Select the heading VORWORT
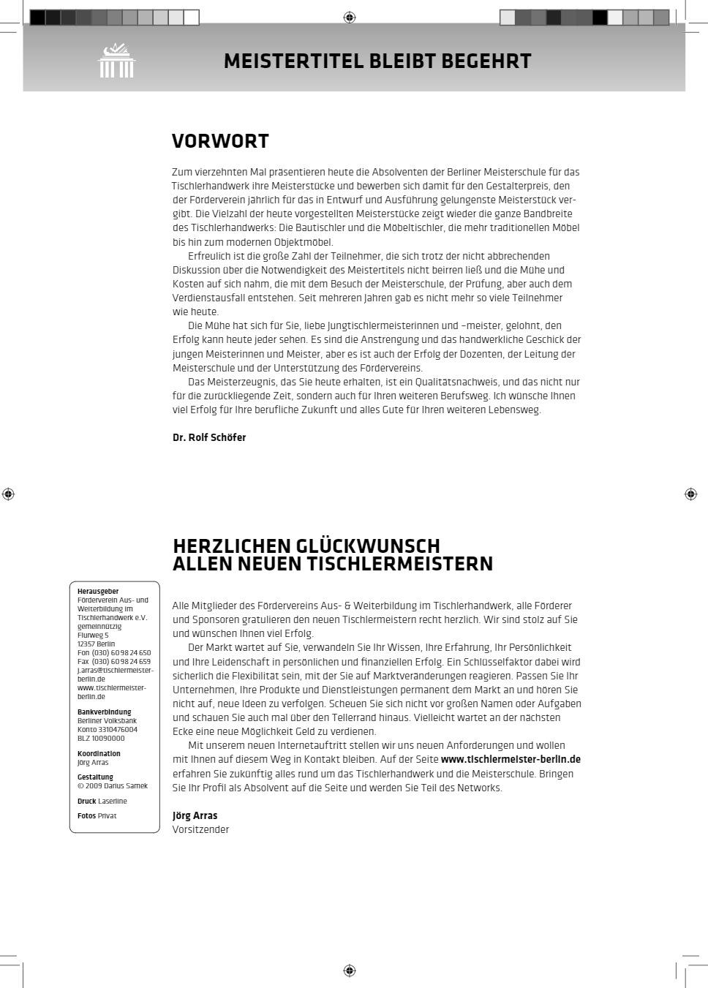(220, 141)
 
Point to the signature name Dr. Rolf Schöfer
(209, 437)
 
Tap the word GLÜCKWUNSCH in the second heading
(368, 546)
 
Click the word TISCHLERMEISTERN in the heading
(399, 564)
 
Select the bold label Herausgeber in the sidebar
(98, 591)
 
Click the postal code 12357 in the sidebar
(86, 644)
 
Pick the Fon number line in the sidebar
(114, 653)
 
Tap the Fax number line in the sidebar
(114, 662)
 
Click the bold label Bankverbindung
(105, 712)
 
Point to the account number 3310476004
(117, 729)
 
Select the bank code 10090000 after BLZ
(108, 739)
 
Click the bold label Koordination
(99, 753)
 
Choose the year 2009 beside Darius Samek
(94, 786)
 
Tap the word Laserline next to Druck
(113, 802)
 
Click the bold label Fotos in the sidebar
(86, 815)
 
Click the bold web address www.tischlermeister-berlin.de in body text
(511, 759)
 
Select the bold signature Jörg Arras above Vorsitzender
(195, 815)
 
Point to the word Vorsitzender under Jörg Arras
(200, 829)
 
